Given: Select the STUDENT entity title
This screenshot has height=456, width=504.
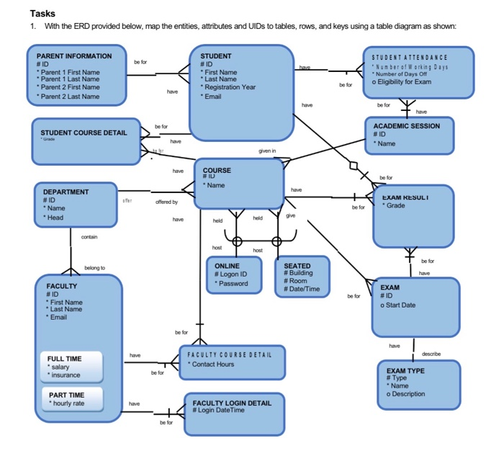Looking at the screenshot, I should tap(215, 55).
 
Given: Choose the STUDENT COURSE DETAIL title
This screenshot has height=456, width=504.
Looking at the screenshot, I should tap(83, 133).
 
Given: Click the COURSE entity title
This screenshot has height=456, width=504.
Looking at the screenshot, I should tap(217, 170).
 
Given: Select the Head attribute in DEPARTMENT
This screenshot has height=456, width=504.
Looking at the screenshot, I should tap(54, 218).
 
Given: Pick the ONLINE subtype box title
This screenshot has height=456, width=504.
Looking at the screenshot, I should tap(228, 266).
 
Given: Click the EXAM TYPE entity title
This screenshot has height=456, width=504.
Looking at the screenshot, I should tap(405, 370).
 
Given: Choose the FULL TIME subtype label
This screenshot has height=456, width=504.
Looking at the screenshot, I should tap(64, 358).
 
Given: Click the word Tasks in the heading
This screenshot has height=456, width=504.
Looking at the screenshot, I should tap(42, 14).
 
